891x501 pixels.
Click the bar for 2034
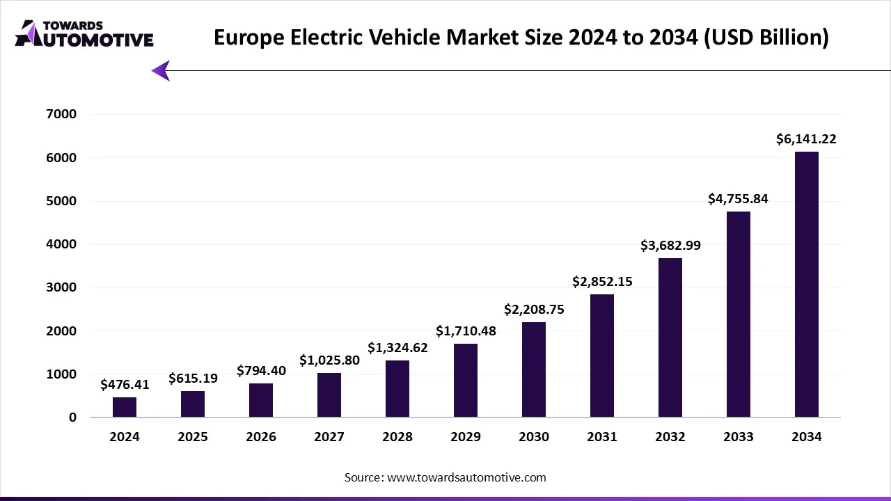pos(806,285)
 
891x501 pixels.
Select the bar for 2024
pos(125,407)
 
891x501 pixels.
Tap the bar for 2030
pos(534,369)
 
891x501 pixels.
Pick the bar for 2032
pos(670,337)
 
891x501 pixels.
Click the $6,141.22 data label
pos(806,139)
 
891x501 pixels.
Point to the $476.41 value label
pos(125,384)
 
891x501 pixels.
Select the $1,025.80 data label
pos(329,360)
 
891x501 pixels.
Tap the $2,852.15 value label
pos(602,282)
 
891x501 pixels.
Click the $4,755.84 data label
pos(738,199)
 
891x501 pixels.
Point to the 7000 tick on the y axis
pos(63,114)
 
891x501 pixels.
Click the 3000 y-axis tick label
pos(63,287)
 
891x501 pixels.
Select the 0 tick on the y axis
pos(72,417)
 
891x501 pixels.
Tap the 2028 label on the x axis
pos(397,437)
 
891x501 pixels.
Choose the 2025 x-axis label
pos(193,437)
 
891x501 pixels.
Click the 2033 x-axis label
pos(738,437)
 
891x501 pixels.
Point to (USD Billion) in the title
pos(766,37)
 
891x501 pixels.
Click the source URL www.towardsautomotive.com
pos(466,477)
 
